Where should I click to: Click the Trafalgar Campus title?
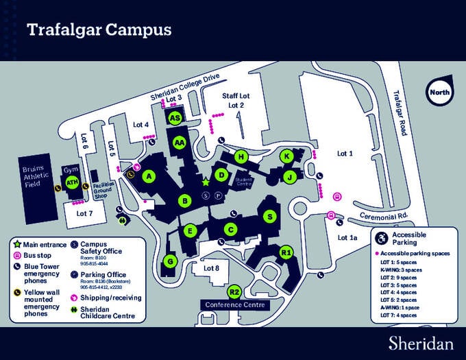coord(98,30)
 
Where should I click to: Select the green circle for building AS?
coord(175,118)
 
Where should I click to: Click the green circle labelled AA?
coord(180,143)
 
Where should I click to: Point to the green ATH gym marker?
coord(72,182)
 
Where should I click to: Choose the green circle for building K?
coord(287,156)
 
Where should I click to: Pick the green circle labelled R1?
coord(286,252)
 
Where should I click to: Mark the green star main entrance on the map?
coord(205,182)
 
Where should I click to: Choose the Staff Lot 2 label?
coord(236,101)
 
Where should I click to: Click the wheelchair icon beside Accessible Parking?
coord(381,237)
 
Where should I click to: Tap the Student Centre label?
coord(244,182)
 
